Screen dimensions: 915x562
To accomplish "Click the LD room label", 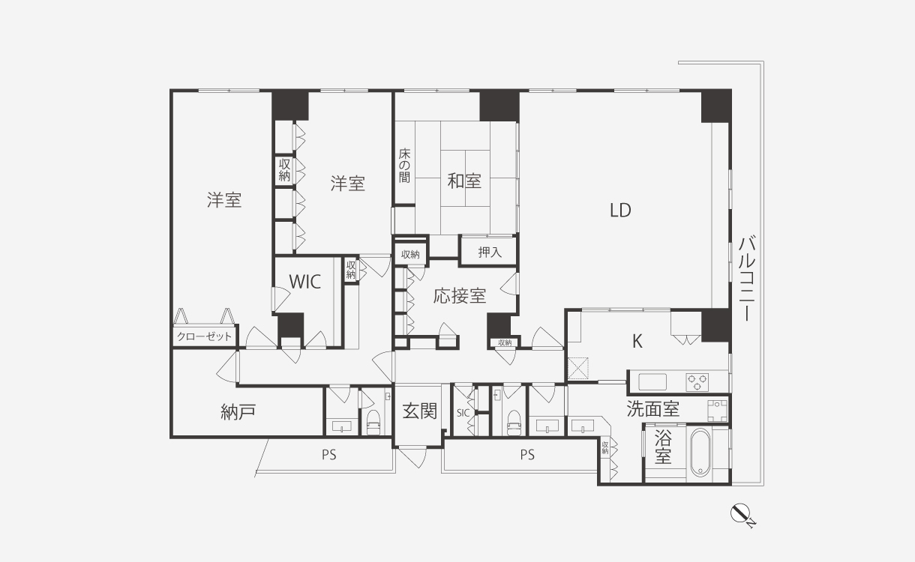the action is click(620, 211).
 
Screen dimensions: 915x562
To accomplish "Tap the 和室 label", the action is click(464, 181).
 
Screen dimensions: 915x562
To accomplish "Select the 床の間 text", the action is click(404, 166).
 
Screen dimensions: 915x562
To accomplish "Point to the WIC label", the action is click(305, 282).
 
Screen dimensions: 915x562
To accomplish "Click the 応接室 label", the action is click(460, 296).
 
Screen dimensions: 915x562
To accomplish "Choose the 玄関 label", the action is click(420, 411).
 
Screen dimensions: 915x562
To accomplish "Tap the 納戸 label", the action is click(238, 412).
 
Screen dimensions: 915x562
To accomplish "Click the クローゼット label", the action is click(204, 336).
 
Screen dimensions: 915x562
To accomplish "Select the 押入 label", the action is click(490, 253).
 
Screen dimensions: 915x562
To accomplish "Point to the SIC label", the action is click(463, 413).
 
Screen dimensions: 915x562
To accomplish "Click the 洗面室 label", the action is click(652, 409).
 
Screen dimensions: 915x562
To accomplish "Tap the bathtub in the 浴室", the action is click(700, 452).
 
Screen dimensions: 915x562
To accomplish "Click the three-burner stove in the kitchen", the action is click(697, 382).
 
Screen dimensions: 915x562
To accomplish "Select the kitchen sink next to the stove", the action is click(652, 382).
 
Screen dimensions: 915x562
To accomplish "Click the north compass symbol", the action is click(742, 516).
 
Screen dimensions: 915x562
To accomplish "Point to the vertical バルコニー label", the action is click(747, 278).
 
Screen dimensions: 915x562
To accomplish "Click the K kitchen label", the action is click(637, 341).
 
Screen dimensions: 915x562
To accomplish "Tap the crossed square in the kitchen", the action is click(578, 368).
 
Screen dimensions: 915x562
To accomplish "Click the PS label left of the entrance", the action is click(328, 455).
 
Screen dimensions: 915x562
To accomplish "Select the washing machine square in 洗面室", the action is click(718, 411).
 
